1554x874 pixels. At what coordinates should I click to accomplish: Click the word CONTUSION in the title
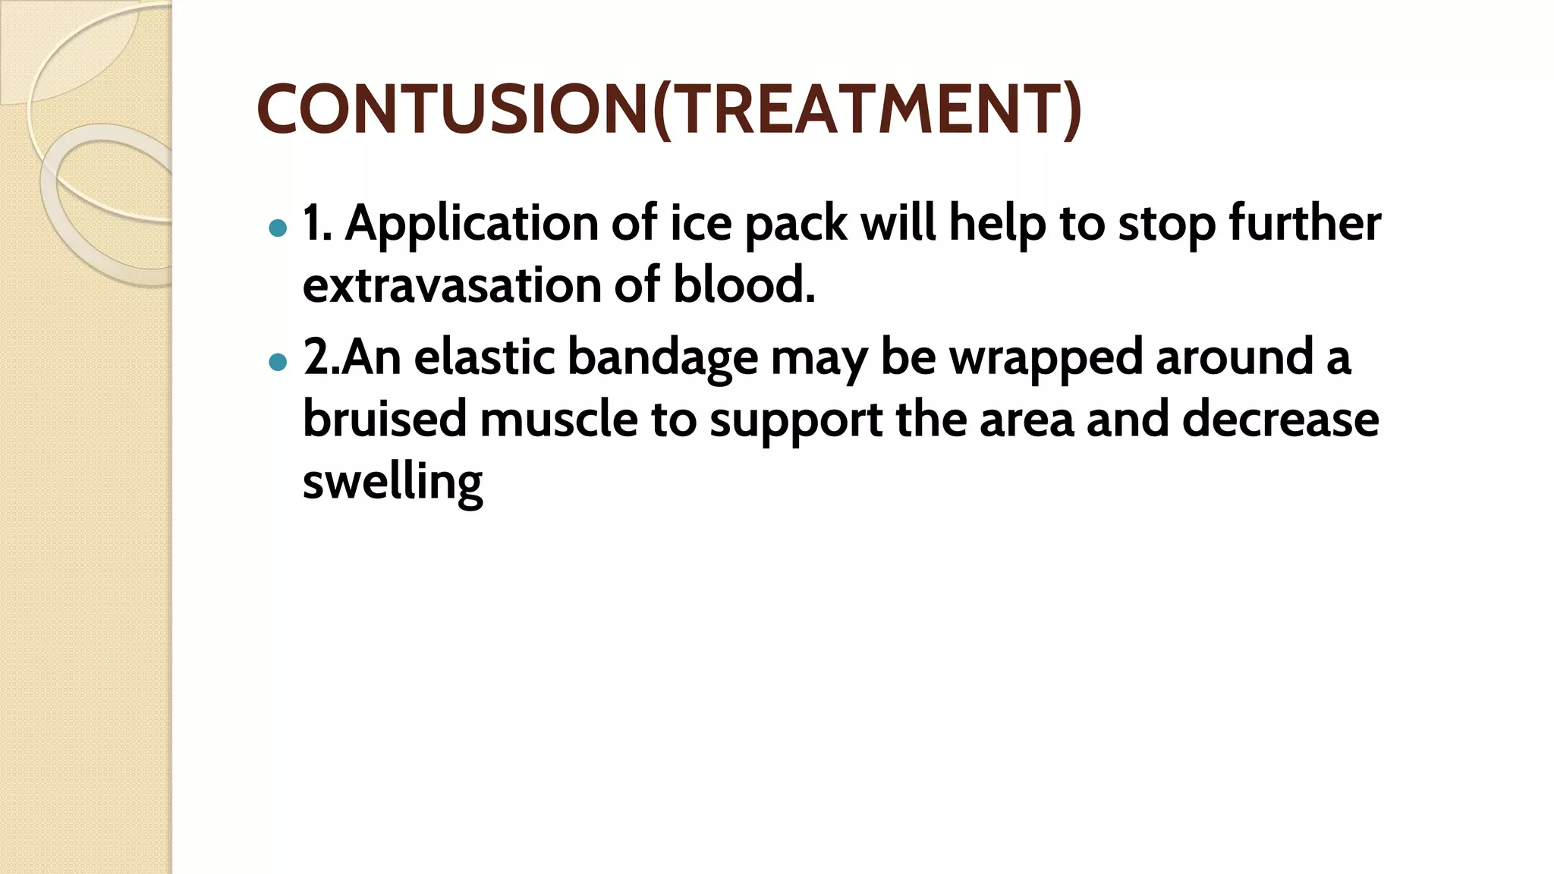pyautogui.click(x=452, y=109)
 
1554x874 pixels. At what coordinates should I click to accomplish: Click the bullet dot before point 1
pyautogui.click(x=278, y=228)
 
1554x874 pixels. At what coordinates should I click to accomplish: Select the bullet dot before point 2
pyautogui.click(x=278, y=362)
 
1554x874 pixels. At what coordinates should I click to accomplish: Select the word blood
pyautogui.click(x=744, y=287)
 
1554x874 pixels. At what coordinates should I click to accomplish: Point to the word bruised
pyautogui.click(x=384, y=420)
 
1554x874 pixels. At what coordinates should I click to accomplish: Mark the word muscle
pyautogui.click(x=558, y=420)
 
